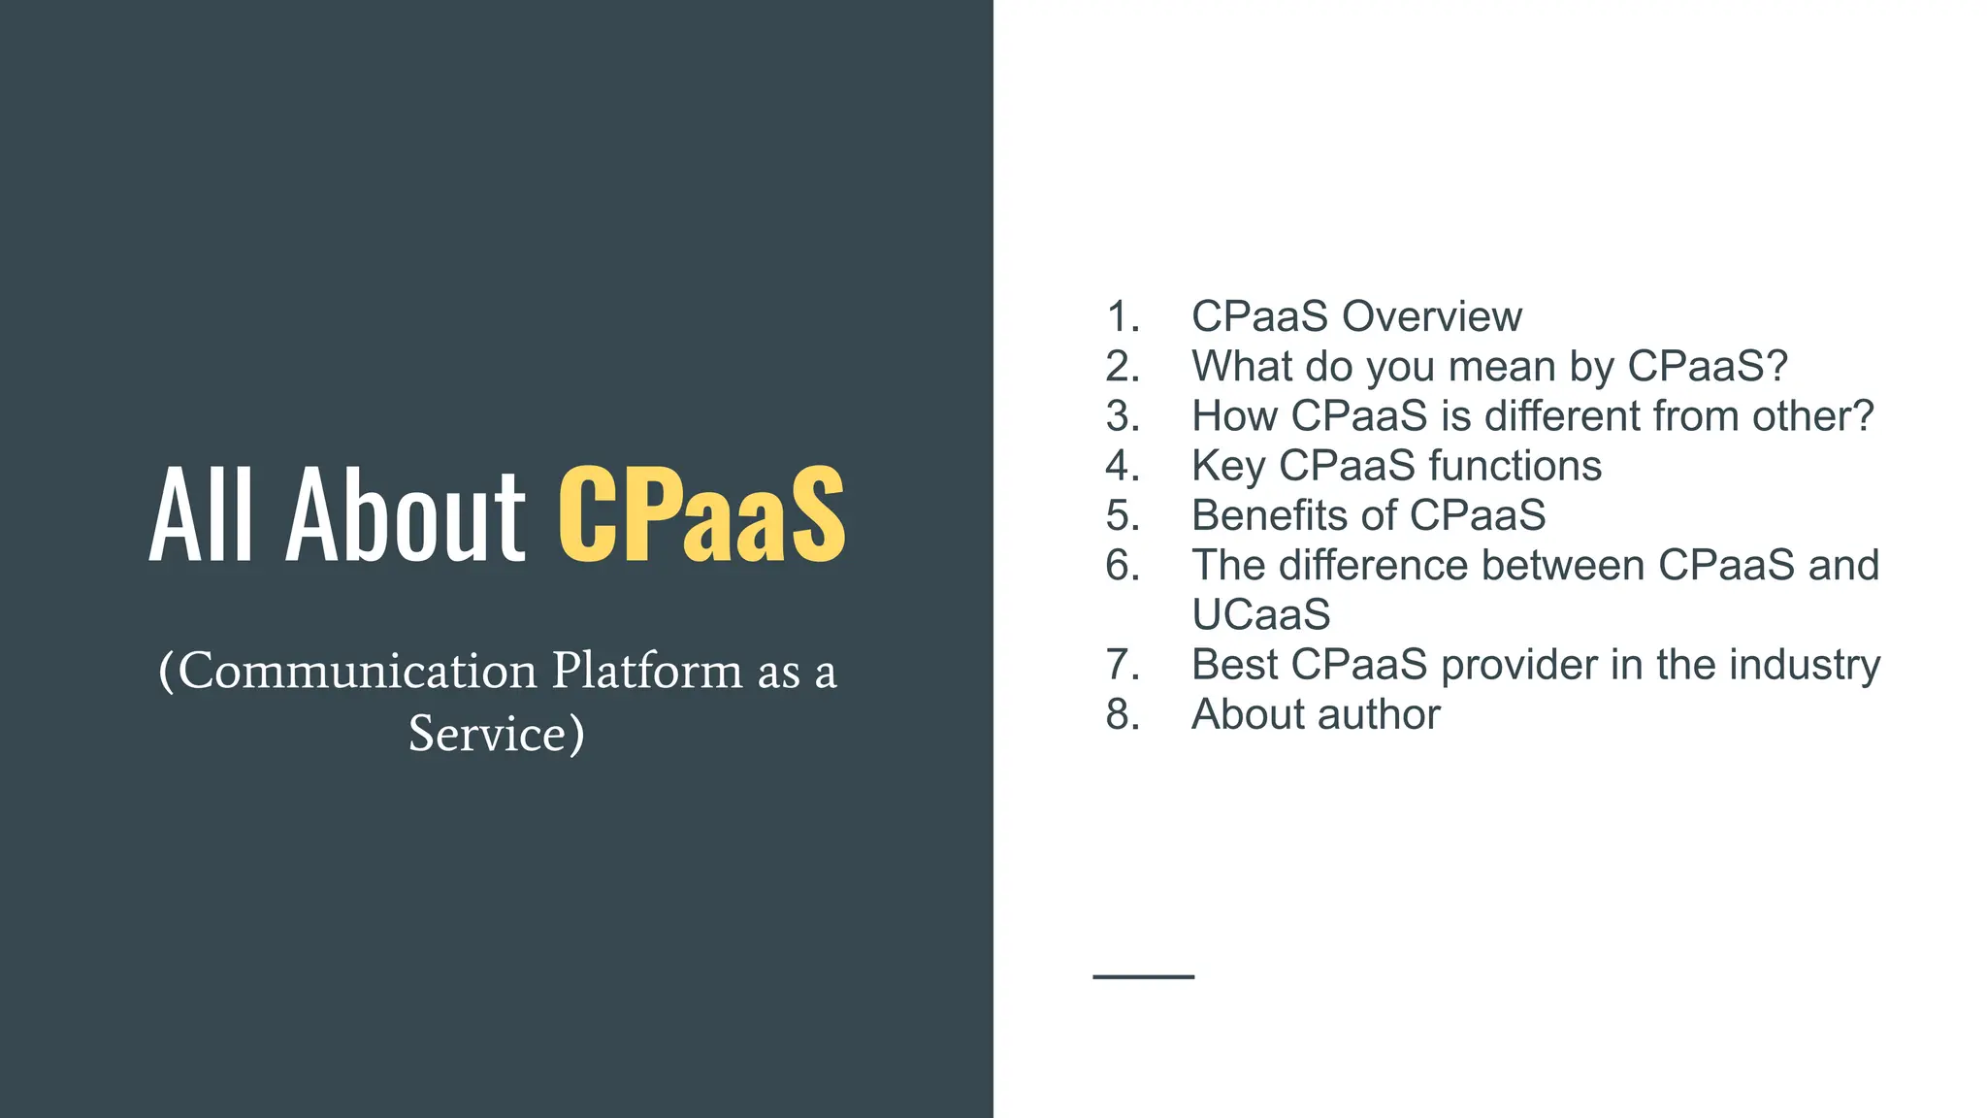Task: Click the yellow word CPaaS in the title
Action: point(701,515)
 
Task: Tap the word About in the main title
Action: point(405,515)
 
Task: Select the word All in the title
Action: point(201,515)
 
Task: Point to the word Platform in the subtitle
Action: point(647,671)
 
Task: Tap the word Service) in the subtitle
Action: point(497,734)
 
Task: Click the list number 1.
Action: point(1122,317)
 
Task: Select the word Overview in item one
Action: point(1432,317)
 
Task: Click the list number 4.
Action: point(1122,466)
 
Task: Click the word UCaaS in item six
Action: point(1261,615)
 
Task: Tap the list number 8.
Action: point(1122,715)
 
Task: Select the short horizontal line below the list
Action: point(1143,976)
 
